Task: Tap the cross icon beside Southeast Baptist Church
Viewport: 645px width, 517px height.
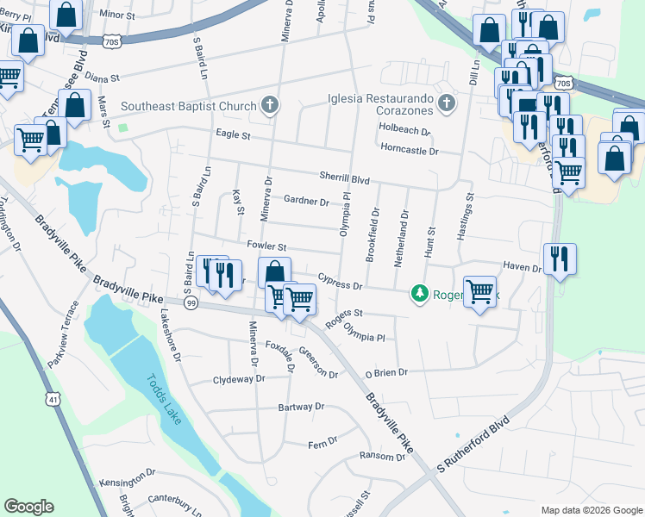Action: coord(270,106)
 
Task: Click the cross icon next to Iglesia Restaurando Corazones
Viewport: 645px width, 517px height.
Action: coord(446,105)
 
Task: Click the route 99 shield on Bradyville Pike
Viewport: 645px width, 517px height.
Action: coord(191,303)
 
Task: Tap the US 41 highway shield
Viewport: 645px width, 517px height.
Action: coord(54,400)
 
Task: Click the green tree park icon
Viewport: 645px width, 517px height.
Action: coord(420,294)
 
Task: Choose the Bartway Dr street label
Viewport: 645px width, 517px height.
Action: coord(300,407)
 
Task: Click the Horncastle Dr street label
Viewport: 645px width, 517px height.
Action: coord(410,151)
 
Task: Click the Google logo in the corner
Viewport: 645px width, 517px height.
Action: coord(29,507)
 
